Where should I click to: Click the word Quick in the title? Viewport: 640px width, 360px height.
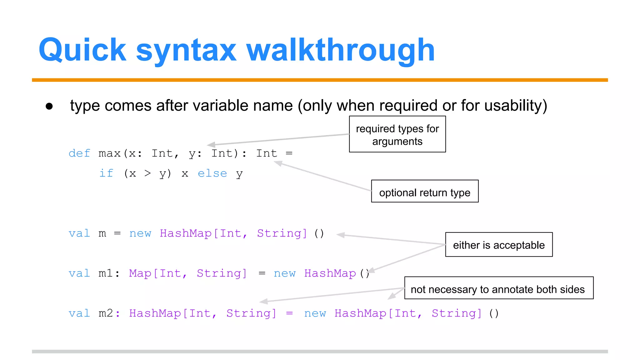tap(82, 50)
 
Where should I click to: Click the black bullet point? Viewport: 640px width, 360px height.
tap(49, 106)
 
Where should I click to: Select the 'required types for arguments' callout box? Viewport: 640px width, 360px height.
tap(397, 134)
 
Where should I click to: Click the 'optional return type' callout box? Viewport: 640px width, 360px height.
tap(425, 191)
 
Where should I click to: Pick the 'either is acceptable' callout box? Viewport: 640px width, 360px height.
tap(499, 245)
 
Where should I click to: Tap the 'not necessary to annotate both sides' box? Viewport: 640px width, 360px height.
tap(499, 288)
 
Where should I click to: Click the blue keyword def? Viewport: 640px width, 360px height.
tap(79, 153)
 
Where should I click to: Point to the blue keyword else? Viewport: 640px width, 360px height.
tap(212, 173)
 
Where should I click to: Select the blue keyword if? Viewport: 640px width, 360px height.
tap(106, 173)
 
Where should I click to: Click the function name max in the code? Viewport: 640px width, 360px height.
tap(109, 153)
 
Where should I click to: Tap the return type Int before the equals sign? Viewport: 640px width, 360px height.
tap(267, 153)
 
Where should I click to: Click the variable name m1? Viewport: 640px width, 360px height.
tap(106, 273)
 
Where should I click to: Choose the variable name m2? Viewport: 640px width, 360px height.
tap(106, 313)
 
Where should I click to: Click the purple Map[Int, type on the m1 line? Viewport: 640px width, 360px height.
tap(158, 273)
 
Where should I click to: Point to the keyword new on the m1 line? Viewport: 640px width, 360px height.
tap(284, 273)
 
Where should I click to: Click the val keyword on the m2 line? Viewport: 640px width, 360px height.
tap(79, 313)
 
